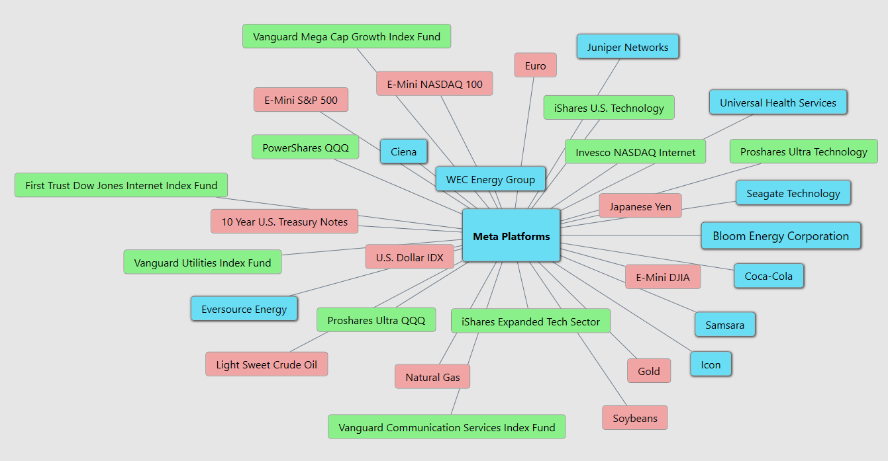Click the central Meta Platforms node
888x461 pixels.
click(x=511, y=235)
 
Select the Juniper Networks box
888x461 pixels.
click(x=627, y=47)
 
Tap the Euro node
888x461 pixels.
click(x=535, y=65)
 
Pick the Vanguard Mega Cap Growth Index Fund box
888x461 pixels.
click(x=346, y=36)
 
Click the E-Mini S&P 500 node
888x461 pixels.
click(x=301, y=100)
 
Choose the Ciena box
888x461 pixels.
click(x=403, y=151)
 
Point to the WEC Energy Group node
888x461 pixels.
click(x=490, y=179)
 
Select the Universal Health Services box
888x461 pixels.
click(x=777, y=103)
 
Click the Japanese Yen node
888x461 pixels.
click(x=640, y=206)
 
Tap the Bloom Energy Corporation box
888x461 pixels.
click(x=780, y=236)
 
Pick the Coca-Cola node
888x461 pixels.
click(x=768, y=276)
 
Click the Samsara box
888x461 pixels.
click(x=724, y=325)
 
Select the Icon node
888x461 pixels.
click(x=711, y=364)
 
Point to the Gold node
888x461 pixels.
click(x=648, y=371)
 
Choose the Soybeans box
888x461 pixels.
click(x=634, y=418)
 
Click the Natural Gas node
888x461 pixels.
click(x=432, y=377)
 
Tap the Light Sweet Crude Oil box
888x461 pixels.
click(x=266, y=364)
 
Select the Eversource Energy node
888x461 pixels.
click(x=244, y=309)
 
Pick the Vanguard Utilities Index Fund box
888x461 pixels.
click(x=202, y=263)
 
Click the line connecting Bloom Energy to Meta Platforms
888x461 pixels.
click(x=629, y=235)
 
